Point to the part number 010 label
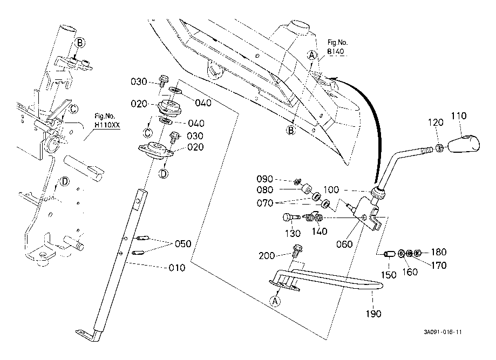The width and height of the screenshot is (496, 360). click(176, 268)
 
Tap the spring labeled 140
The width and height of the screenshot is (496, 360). click(314, 218)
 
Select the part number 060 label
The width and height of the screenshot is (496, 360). click(344, 244)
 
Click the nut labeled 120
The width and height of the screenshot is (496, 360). click(440, 147)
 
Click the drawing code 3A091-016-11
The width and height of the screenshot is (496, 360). click(443, 333)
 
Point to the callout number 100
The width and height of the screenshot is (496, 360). click(331, 191)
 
